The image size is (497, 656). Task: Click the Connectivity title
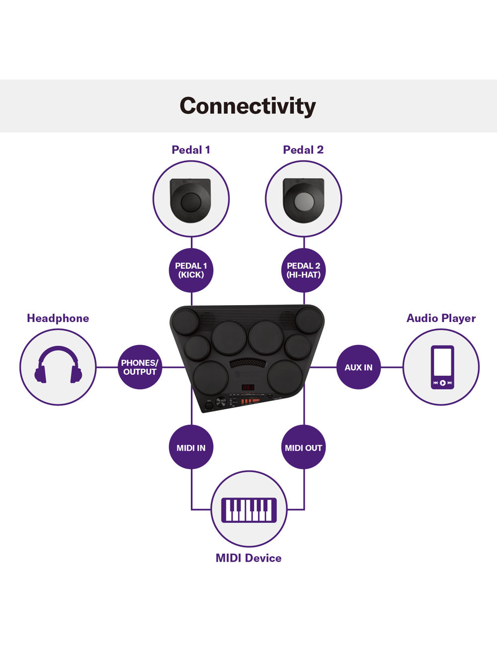(x=248, y=106)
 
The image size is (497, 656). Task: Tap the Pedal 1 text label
(x=191, y=150)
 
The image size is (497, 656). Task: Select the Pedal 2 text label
(x=303, y=150)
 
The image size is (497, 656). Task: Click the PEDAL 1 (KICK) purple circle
(x=191, y=270)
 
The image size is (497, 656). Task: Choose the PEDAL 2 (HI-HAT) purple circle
(x=304, y=270)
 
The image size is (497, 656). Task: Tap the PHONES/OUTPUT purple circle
(x=140, y=367)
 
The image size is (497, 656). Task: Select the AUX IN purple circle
(x=358, y=367)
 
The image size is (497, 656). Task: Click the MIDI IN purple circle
(x=191, y=448)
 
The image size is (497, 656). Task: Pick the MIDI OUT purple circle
(x=304, y=448)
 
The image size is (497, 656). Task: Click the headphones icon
(x=58, y=365)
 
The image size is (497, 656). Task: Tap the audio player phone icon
(x=442, y=367)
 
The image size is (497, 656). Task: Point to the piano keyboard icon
(x=249, y=509)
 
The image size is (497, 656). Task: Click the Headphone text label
(x=58, y=318)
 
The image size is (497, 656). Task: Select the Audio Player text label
(x=441, y=318)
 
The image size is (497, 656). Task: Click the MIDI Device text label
(x=248, y=558)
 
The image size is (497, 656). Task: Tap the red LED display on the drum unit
(x=248, y=387)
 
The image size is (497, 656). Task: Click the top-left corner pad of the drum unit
(x=185, y=321)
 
